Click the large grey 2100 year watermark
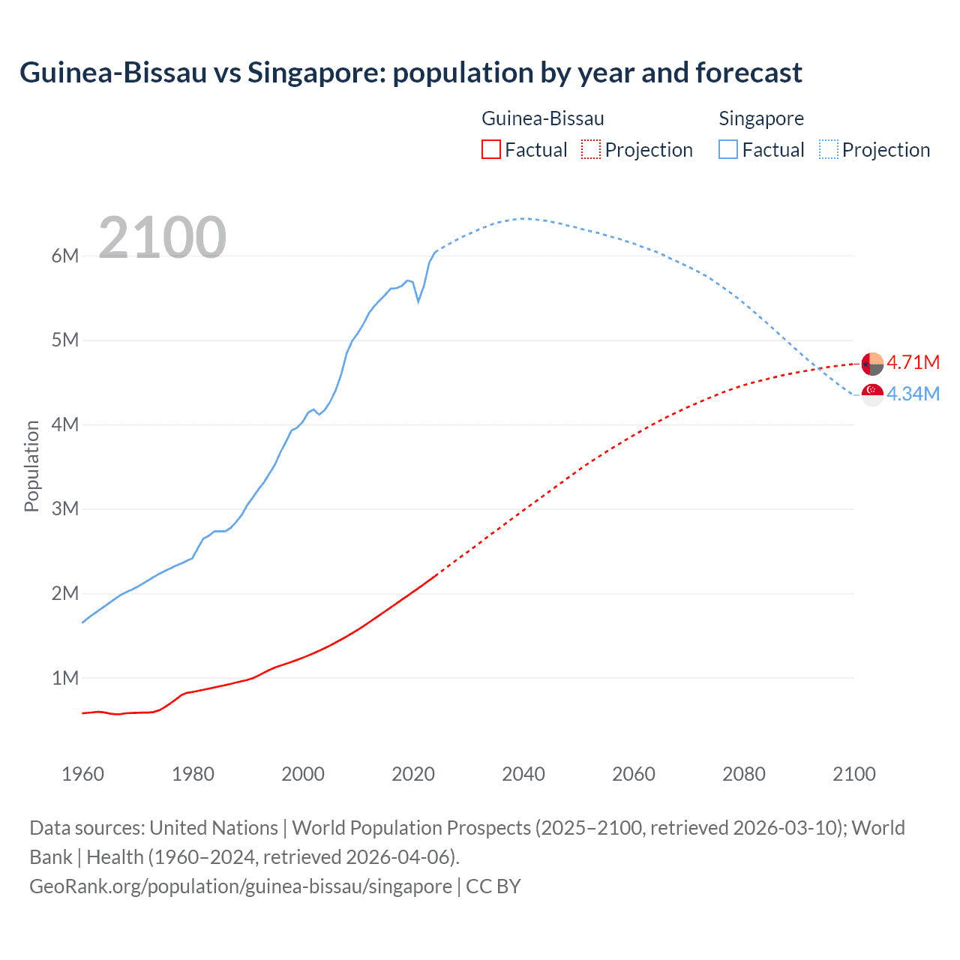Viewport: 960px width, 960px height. point(162,238)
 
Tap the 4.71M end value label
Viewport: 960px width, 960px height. point(913,363)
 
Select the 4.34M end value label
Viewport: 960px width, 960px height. point(913,394)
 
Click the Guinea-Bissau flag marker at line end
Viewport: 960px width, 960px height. point(872,364)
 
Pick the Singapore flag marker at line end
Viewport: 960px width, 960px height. point(872,394)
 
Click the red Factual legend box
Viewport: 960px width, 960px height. point(490,149)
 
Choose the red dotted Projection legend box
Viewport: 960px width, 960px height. point(591,149)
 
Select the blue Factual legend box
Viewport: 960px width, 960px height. point(727,149)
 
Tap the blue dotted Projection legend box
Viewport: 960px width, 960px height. point(828,149)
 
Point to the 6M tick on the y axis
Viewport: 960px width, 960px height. point(65,256)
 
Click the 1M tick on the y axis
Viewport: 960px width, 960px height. point(65,678)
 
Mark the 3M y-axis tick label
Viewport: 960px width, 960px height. point(65,509)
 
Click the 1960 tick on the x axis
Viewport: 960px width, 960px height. point(82,774)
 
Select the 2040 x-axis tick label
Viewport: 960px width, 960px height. point(523,774)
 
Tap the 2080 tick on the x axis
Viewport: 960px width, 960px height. point(744,774)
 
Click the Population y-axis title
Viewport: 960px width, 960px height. point(31,466)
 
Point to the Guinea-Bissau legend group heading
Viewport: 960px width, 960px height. point(542,118)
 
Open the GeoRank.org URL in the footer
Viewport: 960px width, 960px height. point(241,886)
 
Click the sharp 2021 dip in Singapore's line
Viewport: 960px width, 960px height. point(418,301)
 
